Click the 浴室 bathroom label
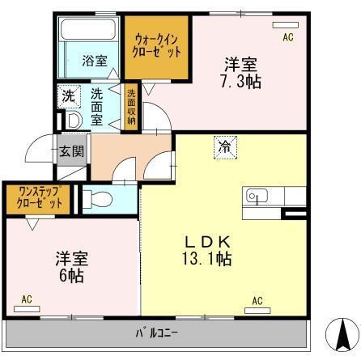[x=94, y=60]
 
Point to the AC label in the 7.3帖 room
[x=287, y=37]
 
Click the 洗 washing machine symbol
[x=68, y=95]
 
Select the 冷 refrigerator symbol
[x=223, y=146]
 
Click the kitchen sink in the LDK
[x=257, y=197]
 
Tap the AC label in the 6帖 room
[x=27, y=299]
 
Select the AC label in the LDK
[x=257, y=301]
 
